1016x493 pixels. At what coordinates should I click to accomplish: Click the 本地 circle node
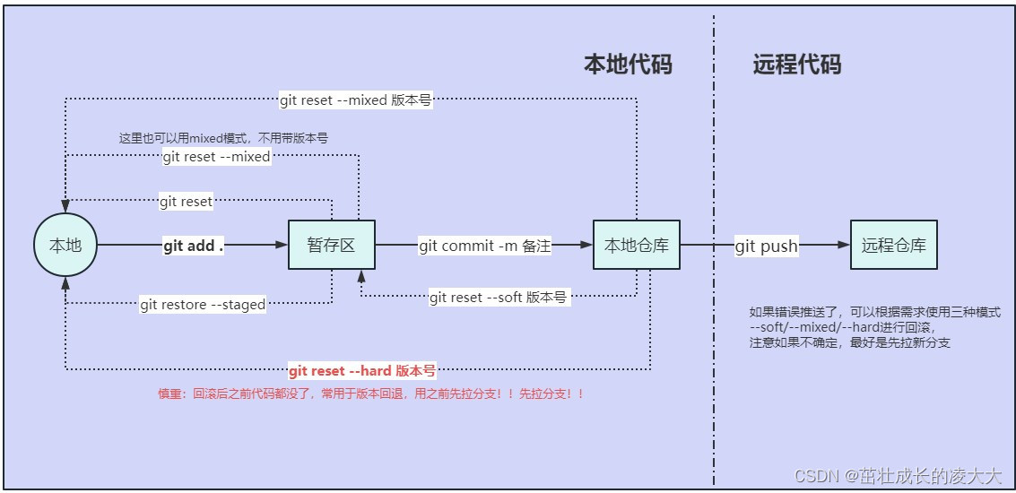(65, 245)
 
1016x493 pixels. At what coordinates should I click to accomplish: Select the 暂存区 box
(332, 245)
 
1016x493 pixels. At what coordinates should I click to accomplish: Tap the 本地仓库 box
(637, 245)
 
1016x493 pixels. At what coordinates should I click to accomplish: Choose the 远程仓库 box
(893, 245)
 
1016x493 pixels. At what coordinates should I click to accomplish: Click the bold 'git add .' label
(193, 246)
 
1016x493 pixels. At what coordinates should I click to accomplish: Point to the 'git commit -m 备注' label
(484, 246)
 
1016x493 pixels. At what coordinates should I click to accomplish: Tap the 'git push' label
(766, 246)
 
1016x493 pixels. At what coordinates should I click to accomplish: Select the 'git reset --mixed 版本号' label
(355, 100)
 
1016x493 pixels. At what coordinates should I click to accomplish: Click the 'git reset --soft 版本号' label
(498, 298)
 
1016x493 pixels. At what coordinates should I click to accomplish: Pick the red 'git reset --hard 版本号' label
(362, 370)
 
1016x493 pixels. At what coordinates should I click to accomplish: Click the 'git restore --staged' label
(203, 305)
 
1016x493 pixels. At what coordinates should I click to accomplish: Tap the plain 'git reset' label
(186, 202)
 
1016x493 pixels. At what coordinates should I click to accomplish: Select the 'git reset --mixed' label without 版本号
(216, 157)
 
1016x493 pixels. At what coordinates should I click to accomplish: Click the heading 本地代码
(628, 65)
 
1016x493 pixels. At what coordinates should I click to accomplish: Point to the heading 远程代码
(797, 65)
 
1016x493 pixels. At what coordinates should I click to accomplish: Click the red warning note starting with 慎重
(371, 394)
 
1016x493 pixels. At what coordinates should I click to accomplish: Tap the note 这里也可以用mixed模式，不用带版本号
(223, 138)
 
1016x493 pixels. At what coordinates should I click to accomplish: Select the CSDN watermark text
(898, 476)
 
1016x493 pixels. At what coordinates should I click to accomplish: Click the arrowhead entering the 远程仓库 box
(844, 245)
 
